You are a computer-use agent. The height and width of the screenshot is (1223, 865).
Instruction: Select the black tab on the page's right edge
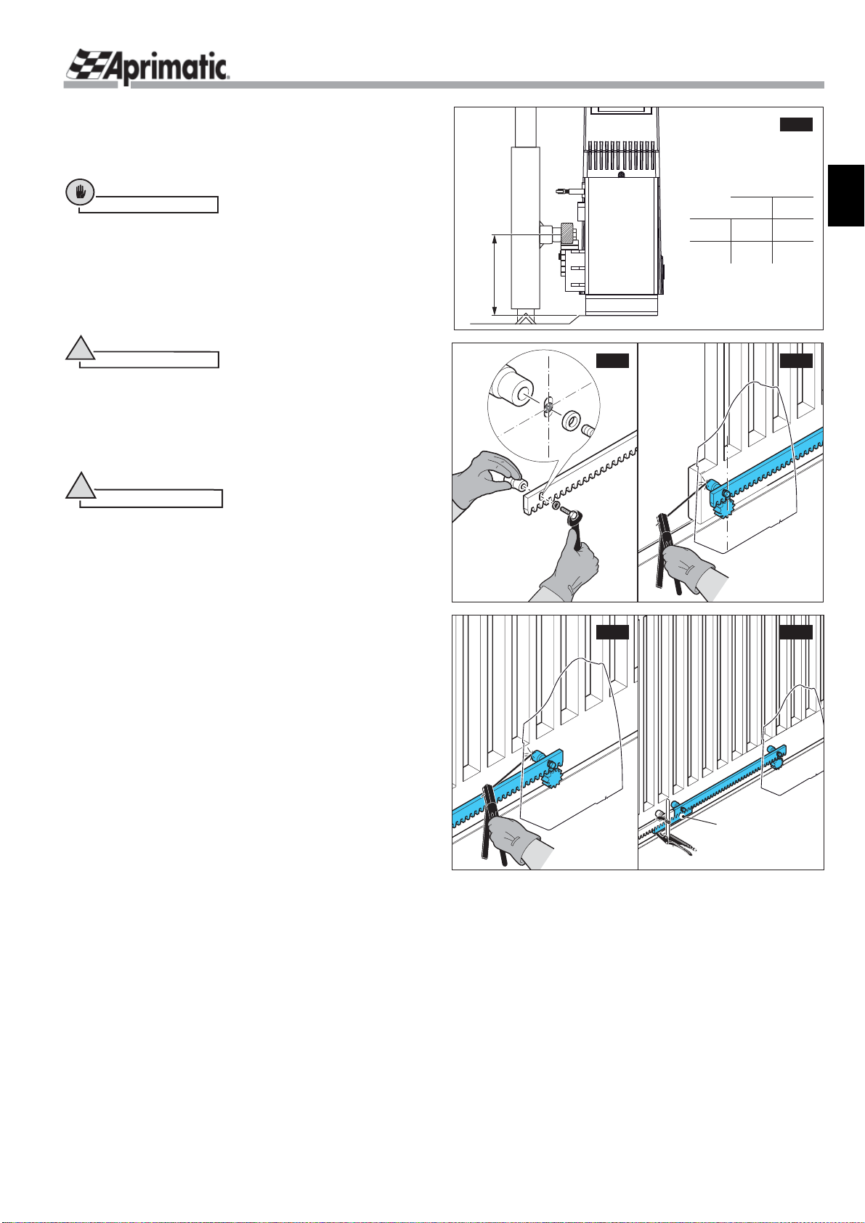pyautogui.click(x=846, y=196)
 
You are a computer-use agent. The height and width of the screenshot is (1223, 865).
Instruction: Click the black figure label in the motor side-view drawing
pyautogui.click(x=796, y=124)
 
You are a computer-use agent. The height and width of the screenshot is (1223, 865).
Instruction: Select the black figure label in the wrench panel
pyautogui.click(x=612, y=361)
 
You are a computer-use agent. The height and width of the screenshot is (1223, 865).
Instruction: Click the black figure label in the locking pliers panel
pyautogui.click(x=796, y=631)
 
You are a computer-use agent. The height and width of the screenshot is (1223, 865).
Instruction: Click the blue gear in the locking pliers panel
pyautogui.click(x=778, y=761)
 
